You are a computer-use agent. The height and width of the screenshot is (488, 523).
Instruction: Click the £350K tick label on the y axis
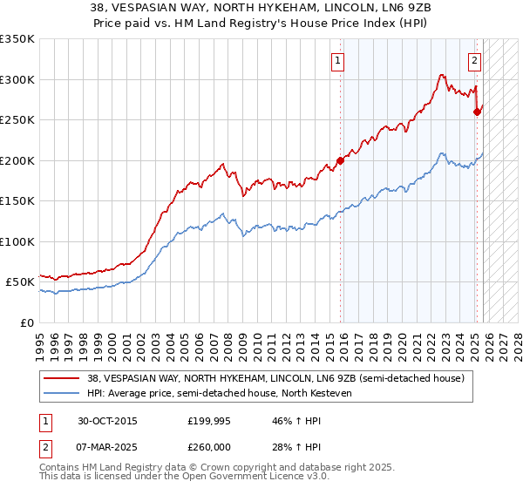click(x=17, y=39)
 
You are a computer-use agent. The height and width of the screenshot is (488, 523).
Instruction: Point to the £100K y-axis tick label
click(x=17, y=241)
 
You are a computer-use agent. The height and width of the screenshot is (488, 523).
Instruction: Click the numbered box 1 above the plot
click(x=336, y=61)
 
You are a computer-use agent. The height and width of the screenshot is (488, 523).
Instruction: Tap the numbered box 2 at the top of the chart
click(x=474, y=61)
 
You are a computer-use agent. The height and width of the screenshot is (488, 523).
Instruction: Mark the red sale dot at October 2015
click(x=341, y=160)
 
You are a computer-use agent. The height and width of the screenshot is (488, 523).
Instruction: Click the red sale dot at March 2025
click(x=477, y=112)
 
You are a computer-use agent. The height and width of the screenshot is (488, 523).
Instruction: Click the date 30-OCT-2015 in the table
click(x=108, y=420)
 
